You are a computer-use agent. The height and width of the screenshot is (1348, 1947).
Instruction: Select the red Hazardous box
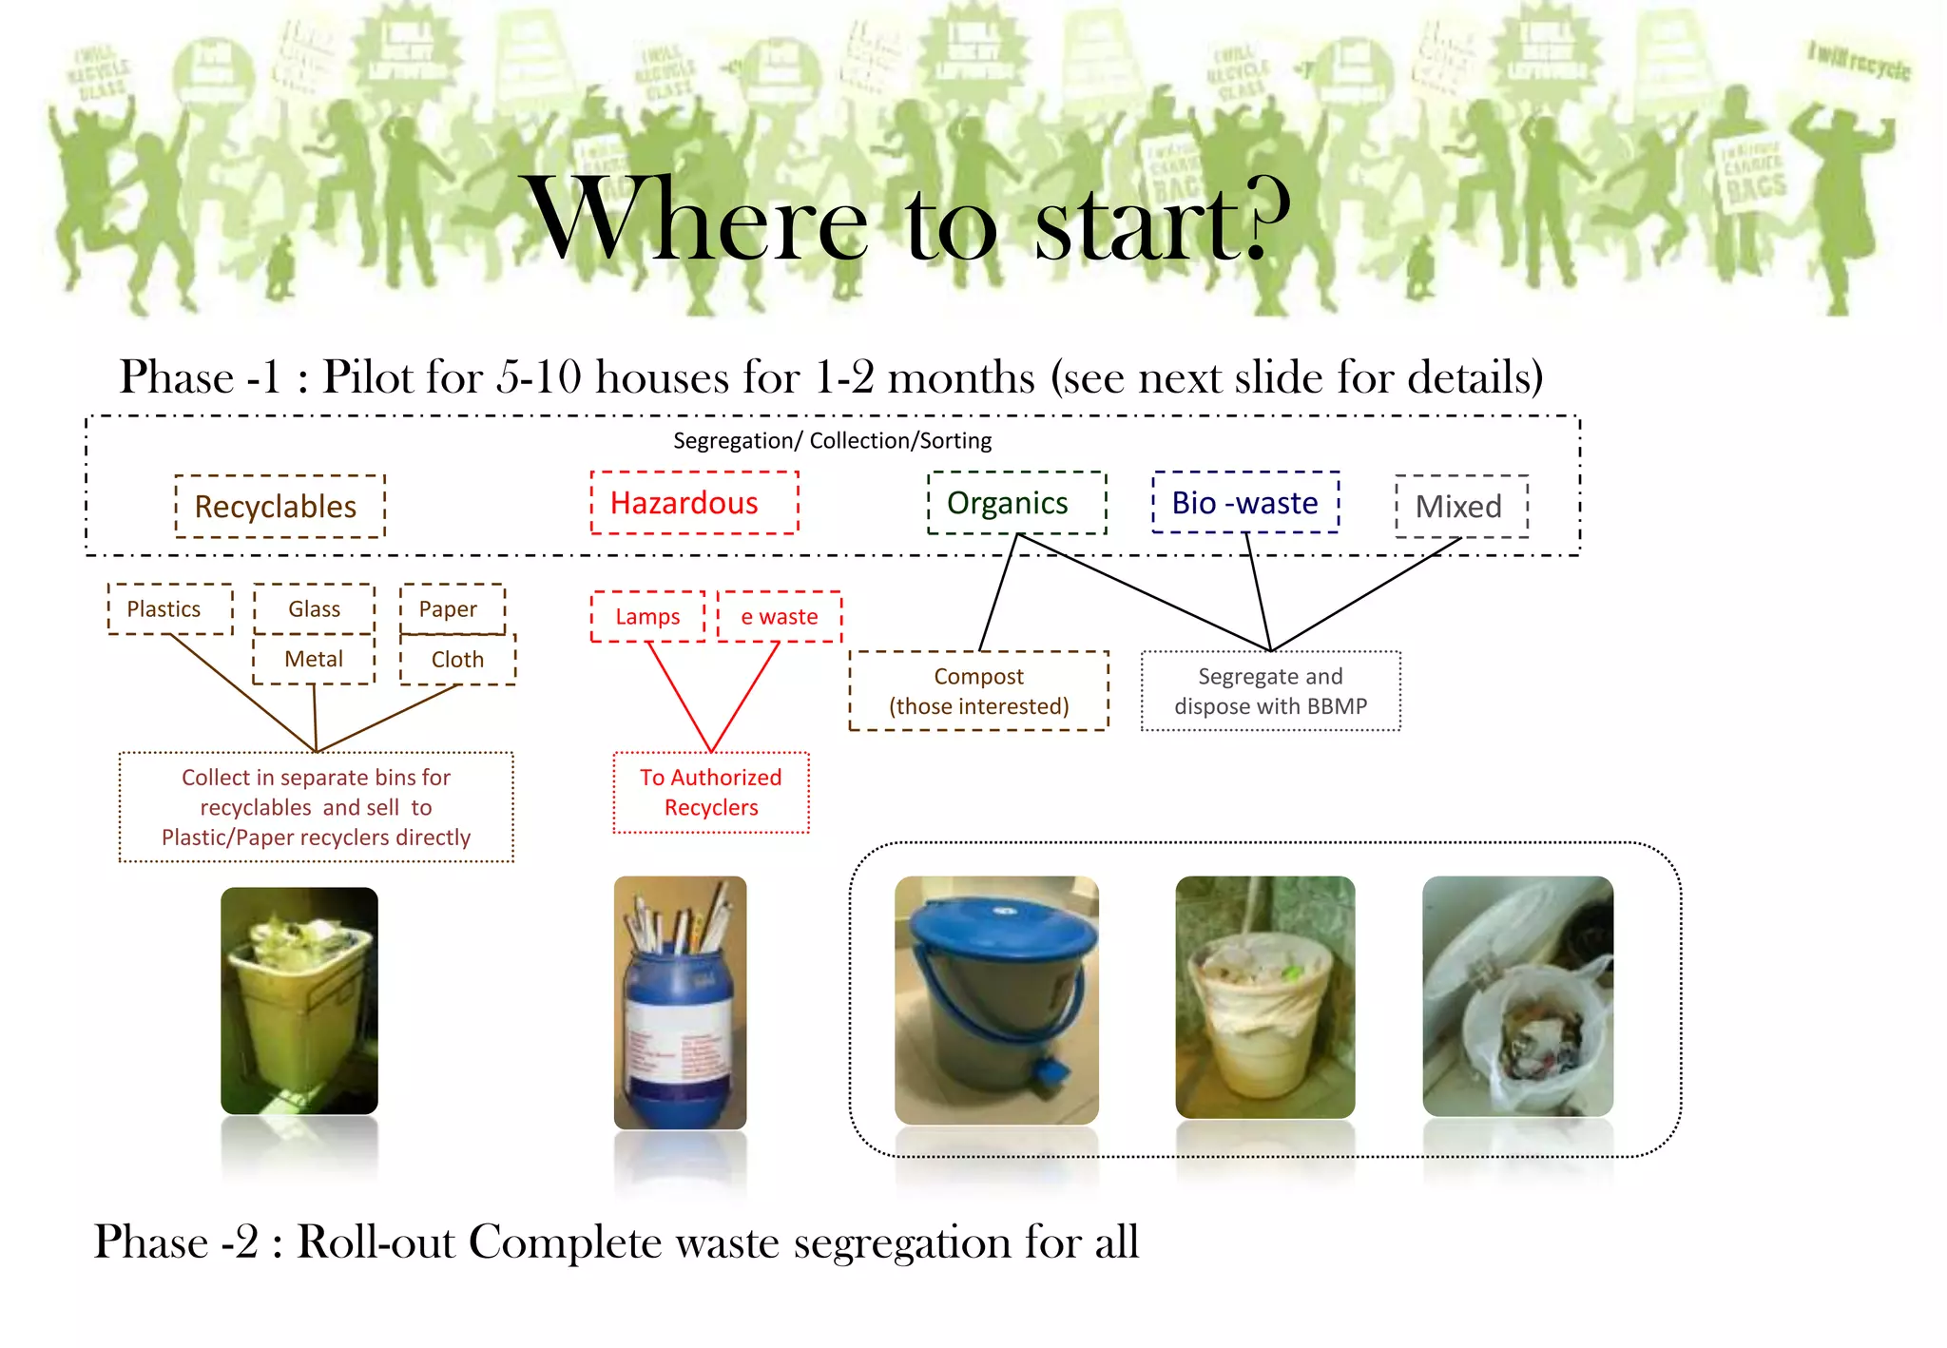click(693, 503)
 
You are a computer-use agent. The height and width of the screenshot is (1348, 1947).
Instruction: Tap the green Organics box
click(1016, 503)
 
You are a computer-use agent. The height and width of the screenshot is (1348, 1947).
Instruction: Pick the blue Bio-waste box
click(1244, 503)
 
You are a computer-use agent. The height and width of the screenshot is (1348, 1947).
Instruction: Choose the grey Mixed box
click(1460, 507)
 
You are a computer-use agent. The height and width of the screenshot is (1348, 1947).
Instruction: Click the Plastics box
click(169, 609)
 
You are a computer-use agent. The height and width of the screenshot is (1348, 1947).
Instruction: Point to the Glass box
click(314, 609)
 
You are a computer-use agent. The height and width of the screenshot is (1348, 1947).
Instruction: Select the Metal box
click(314, 659)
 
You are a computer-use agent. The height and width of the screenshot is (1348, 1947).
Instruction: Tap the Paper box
click(452, 609)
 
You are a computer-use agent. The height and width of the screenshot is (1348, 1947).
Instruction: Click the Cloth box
click(457, 660)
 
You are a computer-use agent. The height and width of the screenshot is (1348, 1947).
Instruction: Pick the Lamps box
click(647, 617)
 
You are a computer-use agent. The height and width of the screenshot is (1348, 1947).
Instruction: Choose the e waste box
click(779, 617)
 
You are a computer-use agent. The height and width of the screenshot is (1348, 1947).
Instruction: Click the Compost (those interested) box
click(978, 691)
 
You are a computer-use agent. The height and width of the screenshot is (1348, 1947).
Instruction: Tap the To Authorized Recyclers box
click(711, 793)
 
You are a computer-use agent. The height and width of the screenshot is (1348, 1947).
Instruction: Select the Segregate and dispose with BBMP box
click(1270, 691)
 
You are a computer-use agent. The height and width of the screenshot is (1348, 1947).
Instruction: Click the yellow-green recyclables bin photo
click(299, 1000)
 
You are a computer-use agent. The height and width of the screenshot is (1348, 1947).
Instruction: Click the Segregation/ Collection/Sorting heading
click(832, 441)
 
